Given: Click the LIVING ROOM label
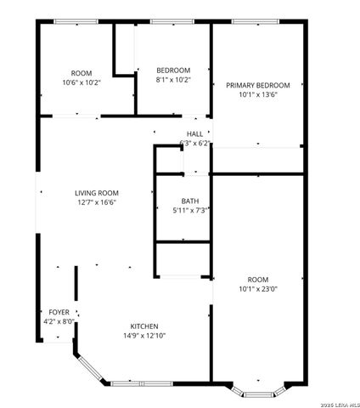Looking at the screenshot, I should (x=96, y=193).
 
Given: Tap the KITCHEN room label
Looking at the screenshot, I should (x=143, y=326).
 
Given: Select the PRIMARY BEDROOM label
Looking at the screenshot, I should (x=258, y=85).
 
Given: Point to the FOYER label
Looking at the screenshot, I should (x=59, y=312).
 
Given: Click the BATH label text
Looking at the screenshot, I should (x=190, y=201).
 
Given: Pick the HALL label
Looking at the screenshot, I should (x=195, y=134).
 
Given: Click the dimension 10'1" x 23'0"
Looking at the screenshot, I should (x=258, y=288).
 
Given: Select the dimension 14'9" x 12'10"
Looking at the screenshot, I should (x=143, y=336).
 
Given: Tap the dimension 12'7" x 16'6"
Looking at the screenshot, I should (x=96, y=202).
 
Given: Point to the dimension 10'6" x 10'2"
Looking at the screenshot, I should (x=82, y=82).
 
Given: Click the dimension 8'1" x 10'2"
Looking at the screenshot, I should (x=173, y=80).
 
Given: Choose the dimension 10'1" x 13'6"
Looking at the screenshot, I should (x=258, y=94).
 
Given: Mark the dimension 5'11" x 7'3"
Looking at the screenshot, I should (x=191, y=210).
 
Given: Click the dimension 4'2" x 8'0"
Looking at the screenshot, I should (x=59, y=321).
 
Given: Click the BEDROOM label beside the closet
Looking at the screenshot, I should (x=173, y=71).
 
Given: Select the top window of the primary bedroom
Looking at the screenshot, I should (x=252, y=21).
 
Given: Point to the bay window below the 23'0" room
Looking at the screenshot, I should (x=256, y=392).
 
